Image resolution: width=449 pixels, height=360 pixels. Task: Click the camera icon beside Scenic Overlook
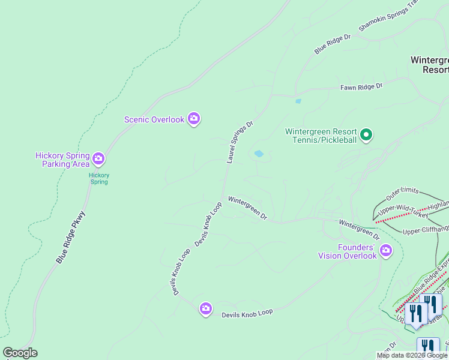(x=193, y=119)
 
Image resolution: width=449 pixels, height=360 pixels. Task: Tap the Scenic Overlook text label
(x=154, y=119)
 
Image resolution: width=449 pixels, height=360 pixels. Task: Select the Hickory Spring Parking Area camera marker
(x=98, y=160)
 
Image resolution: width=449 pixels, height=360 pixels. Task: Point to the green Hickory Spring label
(x=99, y=178)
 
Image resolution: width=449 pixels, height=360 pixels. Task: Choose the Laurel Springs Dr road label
(x=240, y=142)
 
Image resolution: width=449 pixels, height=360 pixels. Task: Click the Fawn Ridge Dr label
(x=361, y=88)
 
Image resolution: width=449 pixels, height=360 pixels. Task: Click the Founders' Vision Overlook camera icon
(x=385, y=251)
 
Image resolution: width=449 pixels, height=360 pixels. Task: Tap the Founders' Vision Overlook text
(x=347, y=251)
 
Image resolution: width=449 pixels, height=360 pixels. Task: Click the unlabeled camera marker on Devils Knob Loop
(x=206, y=308)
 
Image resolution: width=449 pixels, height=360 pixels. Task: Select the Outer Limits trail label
(x=401, y=194)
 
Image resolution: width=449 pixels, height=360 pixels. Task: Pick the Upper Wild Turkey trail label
(x=403, y=211)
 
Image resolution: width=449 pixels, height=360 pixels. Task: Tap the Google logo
(x=20, y=353)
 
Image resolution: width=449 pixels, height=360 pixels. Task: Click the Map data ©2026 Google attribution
(x=412, y=355)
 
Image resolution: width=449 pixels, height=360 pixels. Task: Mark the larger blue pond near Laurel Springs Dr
(x=259, y=154)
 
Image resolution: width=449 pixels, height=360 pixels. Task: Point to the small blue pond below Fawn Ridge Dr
(x=298, y=101)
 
